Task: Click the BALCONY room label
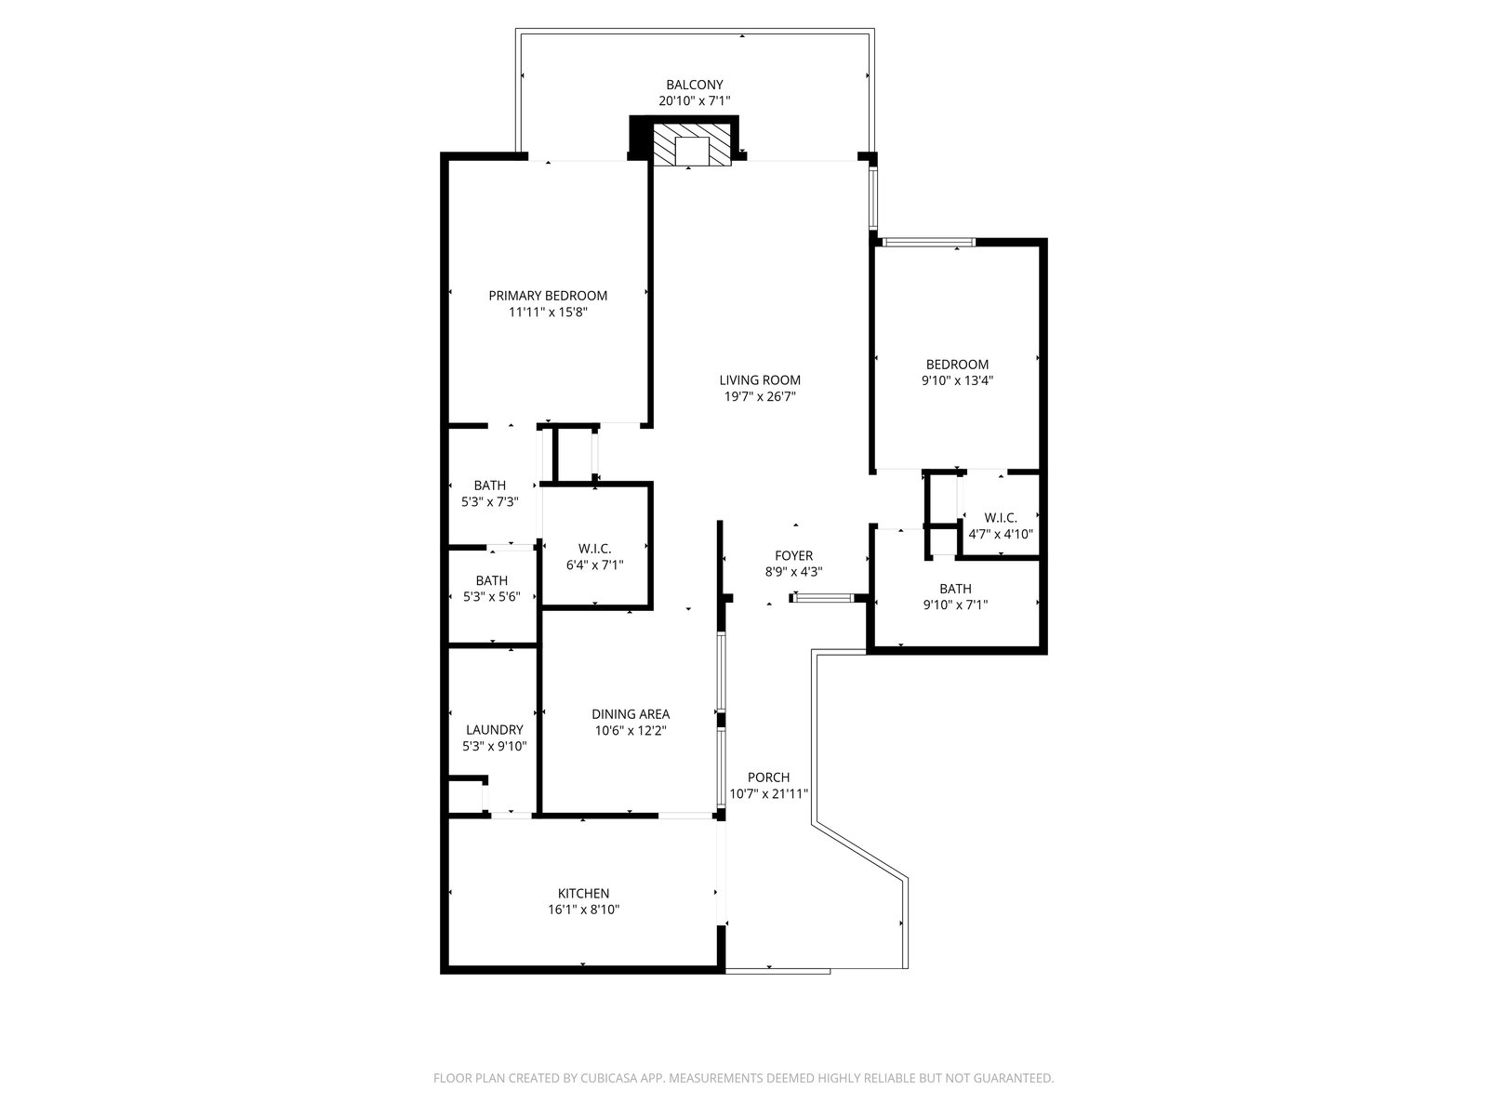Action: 694,85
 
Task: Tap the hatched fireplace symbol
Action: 692,144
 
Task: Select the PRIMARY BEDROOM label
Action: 548,296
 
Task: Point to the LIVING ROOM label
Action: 760,380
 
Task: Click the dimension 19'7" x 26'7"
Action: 760,396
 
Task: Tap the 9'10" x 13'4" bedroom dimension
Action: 957,380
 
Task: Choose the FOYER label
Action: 794,555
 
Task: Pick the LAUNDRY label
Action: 494,730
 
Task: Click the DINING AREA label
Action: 631,713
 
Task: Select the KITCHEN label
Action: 583,893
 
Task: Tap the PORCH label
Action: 769,777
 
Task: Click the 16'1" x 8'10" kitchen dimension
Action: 584,910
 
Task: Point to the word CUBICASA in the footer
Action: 609,1078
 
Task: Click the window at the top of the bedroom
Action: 928,242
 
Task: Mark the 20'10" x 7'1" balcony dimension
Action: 694,101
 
